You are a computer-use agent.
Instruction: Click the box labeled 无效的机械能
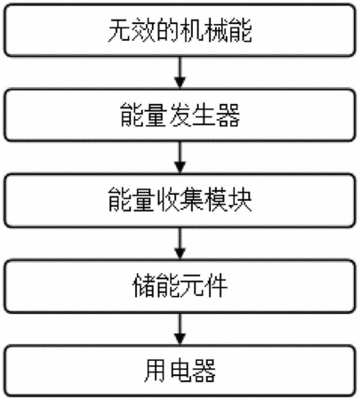[180, 30]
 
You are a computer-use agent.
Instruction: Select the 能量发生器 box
[180, 115]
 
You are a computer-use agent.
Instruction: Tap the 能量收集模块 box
[180, 200]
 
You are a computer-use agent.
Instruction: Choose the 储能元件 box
[180, 286]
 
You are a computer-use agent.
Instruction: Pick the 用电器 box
[180, 371]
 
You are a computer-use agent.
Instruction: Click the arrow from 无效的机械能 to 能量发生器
[180, 73]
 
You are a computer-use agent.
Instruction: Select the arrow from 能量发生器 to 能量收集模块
[180, 157]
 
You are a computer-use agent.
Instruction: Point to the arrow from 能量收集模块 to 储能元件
[180, 244]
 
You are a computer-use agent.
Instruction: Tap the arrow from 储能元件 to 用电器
[180, 329]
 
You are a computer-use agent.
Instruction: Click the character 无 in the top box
[120, 30]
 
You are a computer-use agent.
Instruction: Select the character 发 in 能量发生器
[180, 116]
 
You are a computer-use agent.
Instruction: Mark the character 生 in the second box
[204, 116]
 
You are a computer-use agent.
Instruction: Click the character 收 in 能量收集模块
[168, 200]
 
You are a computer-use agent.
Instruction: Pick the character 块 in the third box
[240, 200]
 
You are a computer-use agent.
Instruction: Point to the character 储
[144, 286]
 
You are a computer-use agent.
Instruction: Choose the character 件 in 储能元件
[216, 286]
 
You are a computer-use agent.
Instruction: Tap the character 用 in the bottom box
[156, 371]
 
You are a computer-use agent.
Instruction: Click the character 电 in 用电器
[180, 371]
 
